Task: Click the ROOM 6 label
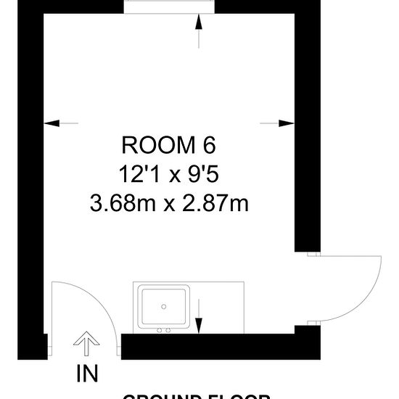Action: coord(168,146)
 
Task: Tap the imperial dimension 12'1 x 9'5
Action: coord(168,174)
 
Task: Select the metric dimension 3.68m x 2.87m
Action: coord(168,203)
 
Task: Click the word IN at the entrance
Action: coord(86,374)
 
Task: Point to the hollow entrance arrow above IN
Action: coord(86,345)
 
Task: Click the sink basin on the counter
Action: coord(165,307)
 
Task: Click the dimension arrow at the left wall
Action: coord(62,123)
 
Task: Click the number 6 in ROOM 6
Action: coord(209,146)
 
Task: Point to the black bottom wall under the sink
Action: coord(210,347)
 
